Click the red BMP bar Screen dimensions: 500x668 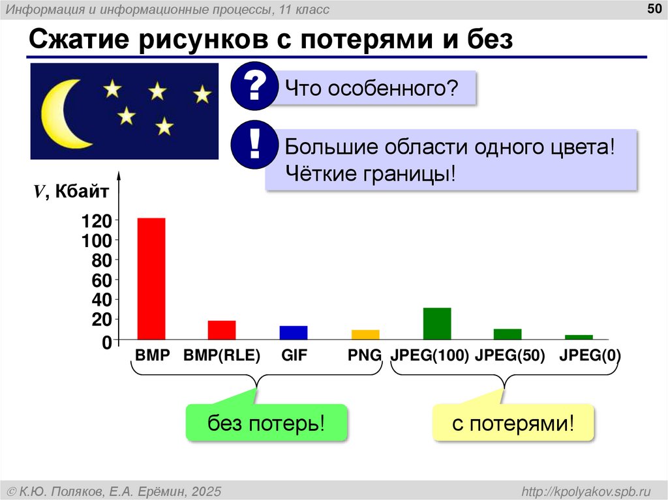[x=151, y=278]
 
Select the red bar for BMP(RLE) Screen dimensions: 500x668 [x=222, y=330]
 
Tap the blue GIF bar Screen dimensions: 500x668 [x=294, y=332]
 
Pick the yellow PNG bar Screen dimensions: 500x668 [x=365, y=334]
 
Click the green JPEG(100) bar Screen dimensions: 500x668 [x=437, y=323]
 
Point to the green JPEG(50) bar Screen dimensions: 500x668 [x=508, y=334]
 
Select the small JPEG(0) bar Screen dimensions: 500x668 [x=579, y=337]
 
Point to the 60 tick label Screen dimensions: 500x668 [x=100, y=280]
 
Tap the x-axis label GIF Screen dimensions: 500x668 [x=294, y=356]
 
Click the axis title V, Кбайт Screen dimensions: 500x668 [x=72, y=191]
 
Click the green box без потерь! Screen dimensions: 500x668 [x=266, y=424]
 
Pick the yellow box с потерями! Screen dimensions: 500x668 [x=513, y=424]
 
